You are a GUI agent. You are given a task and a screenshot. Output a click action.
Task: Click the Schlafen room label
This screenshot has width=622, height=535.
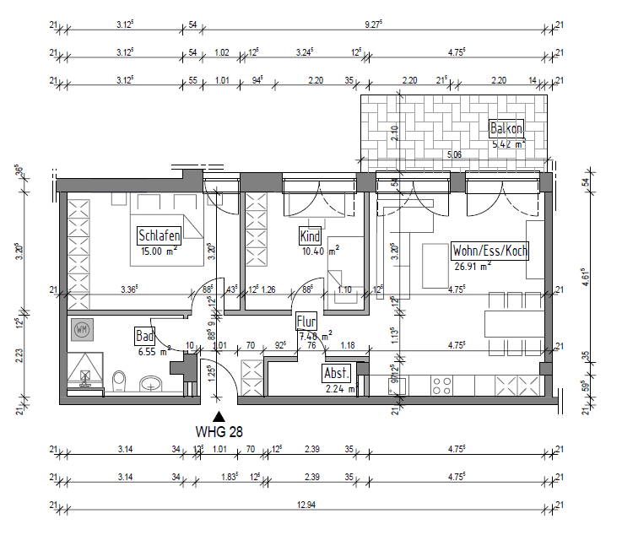coord(159,235)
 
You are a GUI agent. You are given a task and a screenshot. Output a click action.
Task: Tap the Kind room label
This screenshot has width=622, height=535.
coord(311,235)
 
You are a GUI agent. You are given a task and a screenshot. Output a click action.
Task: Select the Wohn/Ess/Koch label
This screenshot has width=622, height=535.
coord(489,251)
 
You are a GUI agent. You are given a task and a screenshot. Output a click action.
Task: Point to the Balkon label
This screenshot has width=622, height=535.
coord(506,128)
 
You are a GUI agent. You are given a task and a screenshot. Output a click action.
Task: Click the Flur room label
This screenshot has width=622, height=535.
coord(306,322)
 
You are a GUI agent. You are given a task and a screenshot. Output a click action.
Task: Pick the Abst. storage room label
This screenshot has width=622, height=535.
coord(335,373)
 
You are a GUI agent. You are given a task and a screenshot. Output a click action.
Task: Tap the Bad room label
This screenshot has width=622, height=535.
coord(144,336)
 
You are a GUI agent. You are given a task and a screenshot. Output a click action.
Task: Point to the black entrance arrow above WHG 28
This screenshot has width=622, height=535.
coord(219,416)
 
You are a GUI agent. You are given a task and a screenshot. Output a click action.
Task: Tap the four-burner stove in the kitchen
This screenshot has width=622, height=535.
coord(443,386)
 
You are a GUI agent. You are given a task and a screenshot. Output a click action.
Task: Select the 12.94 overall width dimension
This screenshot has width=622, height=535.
coord(305,505)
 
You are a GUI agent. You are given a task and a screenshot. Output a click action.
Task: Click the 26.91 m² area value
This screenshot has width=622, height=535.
coord(472,265)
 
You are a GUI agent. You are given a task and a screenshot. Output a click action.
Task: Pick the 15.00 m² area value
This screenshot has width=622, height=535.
coord(159,251)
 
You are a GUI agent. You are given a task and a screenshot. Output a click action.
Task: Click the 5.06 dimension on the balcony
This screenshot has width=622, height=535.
coord(453,154)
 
